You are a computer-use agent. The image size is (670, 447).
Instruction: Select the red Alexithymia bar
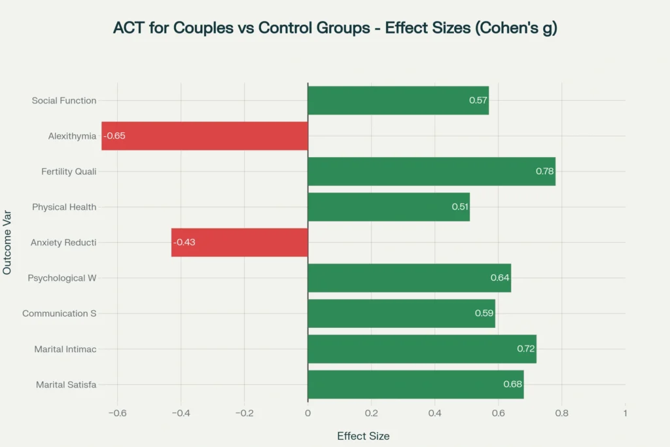point(204,136)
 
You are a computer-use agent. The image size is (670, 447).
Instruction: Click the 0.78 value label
point(544,171)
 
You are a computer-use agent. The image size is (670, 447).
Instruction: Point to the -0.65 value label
point(114,136)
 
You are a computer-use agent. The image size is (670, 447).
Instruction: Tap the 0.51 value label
point(460,207)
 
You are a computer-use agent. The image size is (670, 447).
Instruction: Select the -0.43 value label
point(184,242)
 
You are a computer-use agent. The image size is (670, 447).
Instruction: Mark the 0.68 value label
point(512,384)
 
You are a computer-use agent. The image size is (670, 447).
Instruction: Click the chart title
point(335,28)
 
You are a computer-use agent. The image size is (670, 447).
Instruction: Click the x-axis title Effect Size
point(363,436)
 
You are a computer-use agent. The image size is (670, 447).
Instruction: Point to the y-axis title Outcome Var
point(8,242)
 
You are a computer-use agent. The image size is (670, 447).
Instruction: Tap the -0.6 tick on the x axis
point(117,414)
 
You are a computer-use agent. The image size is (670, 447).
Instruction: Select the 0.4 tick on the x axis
point(434,414)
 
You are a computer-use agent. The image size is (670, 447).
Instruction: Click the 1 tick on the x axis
point(626,414)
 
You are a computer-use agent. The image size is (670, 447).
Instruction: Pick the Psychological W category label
point(62,278)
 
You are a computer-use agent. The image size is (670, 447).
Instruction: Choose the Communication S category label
point(60,313)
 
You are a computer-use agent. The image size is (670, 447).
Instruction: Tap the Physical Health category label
point(64,207)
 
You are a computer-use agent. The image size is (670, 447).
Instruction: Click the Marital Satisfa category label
point(66,384)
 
